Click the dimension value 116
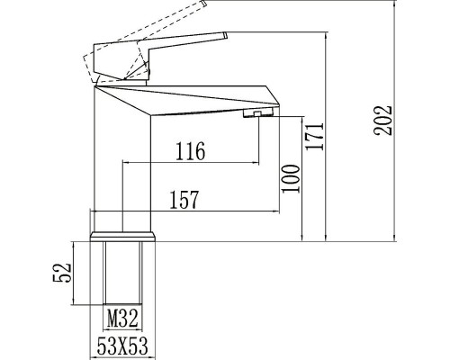tap(191, 151)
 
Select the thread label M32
tap(122, 317)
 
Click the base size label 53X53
tap(123, 346)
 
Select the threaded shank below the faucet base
tap(122, 274)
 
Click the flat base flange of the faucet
tap(122, 238)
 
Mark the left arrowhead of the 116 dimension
tap(125, 164)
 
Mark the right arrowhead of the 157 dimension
tap(282, 213)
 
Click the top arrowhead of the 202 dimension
tap(399, 6)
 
